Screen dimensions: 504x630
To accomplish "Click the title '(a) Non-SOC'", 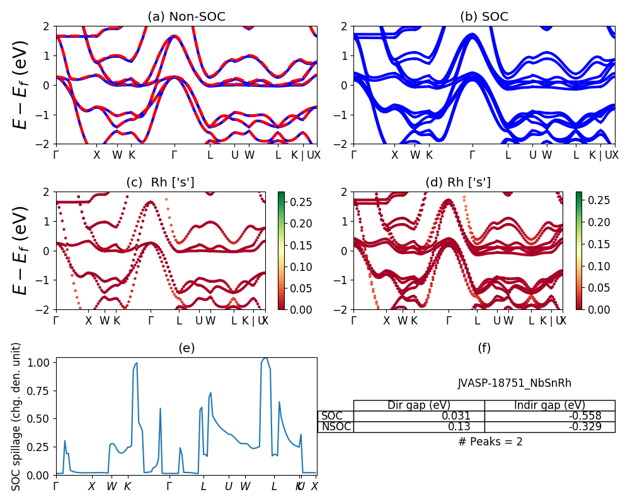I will (x=186, y=17).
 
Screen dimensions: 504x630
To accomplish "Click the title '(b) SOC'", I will (x=484, y=17).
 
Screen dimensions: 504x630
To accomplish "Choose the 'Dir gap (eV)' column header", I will (x=419, y=405).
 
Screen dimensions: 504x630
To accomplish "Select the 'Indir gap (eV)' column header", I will (x=549, y=405).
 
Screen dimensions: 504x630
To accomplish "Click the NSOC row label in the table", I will (x=336, y=427).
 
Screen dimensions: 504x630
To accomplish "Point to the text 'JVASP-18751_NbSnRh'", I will (x=515, y=383).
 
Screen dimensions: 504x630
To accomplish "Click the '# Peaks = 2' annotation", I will (x=490, y=442).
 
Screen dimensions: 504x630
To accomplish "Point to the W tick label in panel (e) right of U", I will (x=245, y=486).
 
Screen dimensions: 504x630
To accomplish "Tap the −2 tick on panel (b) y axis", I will (x=342, y=144).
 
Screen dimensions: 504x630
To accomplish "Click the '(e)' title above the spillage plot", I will (x=186, y=348).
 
